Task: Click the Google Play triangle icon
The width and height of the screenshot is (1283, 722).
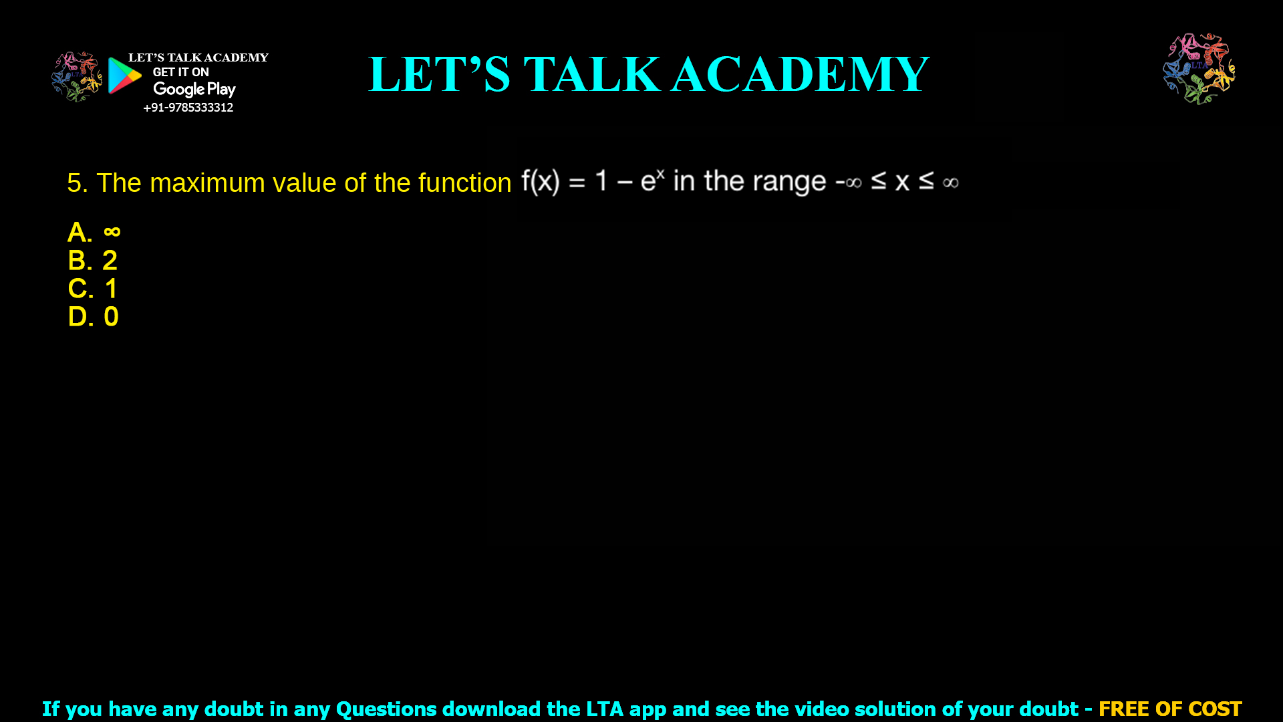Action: [124, 76]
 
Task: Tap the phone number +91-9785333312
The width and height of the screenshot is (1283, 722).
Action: [188, 108]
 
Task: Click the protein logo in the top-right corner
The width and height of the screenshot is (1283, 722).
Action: [1199, 68]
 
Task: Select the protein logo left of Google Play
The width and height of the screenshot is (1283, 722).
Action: [77, 77]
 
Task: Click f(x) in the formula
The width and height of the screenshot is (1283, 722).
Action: [540, 181]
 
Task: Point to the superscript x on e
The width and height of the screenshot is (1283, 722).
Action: [660, 173]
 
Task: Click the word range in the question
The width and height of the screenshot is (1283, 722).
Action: [789, 181]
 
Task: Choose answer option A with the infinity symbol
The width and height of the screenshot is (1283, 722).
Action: [94, 233]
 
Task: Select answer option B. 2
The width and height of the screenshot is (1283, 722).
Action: [93, 261]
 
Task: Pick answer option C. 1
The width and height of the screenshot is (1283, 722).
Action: [93, 289]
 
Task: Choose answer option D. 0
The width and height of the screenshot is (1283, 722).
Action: [94, 317]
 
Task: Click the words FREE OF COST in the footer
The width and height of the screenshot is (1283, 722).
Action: [1170, 709]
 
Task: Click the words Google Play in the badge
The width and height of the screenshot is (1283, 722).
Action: [194, 90]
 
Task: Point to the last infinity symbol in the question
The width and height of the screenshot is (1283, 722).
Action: [950, 183]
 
